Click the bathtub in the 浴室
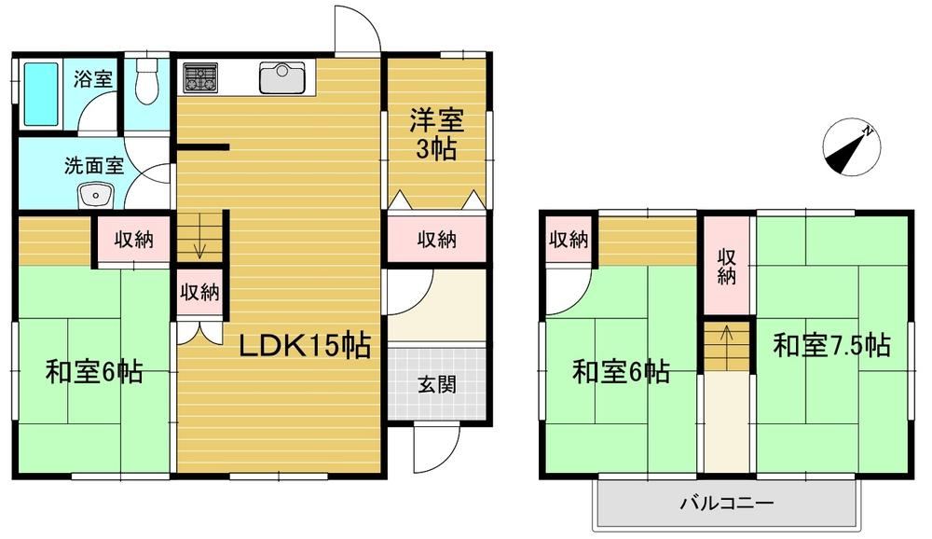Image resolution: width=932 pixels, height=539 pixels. point(41,95)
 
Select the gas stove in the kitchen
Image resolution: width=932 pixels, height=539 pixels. point(199,78)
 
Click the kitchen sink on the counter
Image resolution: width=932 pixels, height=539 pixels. point(281,78)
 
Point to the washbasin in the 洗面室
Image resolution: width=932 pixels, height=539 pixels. point(95,195)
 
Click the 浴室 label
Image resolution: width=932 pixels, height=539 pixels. point(93,79)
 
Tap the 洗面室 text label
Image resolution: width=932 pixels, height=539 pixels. point(94,165)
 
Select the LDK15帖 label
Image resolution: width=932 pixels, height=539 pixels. point(305,346)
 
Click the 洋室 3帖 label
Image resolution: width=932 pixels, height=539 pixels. point(436,135)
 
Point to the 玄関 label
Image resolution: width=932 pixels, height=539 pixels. point(437,385)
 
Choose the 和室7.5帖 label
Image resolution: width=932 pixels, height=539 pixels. point(831,345)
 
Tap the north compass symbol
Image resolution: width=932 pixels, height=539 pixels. point(851,147)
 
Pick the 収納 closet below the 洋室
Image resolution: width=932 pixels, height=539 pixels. point(437,239)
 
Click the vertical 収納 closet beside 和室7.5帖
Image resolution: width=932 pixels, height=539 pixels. point(726,266)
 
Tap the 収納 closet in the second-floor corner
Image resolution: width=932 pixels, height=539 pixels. point(569,239)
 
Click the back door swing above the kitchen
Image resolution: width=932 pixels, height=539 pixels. point(357,30)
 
